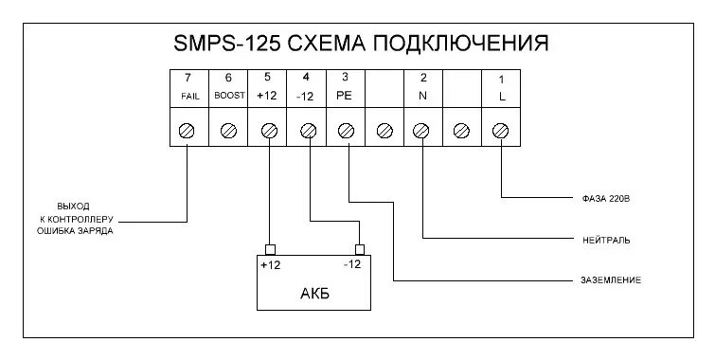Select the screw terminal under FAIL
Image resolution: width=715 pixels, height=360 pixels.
[188, 130]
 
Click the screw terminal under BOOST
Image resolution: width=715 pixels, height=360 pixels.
[227, 130]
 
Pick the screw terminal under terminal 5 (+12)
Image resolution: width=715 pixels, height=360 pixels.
[268, 130]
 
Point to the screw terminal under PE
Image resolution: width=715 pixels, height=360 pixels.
[347, 130]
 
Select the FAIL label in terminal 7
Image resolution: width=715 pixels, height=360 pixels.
[188, 97]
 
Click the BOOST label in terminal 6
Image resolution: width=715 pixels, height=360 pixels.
[228, 97]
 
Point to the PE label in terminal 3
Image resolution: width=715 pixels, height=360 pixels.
[347, 97]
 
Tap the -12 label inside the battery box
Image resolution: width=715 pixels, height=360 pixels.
[352, 265]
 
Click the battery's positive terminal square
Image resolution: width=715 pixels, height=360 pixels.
[270, 247]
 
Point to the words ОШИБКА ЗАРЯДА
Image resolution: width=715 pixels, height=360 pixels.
[74, 230]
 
